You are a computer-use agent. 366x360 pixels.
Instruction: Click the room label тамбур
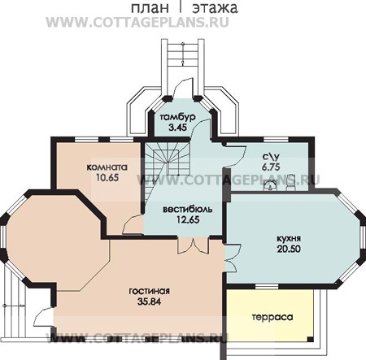pyautogui.click(x=177, y=117)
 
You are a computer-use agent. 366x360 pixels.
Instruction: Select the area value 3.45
pyautogui.click(x=178, y=127)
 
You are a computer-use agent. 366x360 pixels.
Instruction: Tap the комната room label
pyautogui.click(x=107, y=167)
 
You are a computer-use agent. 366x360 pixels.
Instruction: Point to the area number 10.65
pyautogui.click(x=107, y=177)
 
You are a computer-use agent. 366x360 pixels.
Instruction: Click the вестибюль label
pyautogui.click(x=188, y=210)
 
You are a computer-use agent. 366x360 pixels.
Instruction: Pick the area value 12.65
pyautogui.click(x=188, y=219)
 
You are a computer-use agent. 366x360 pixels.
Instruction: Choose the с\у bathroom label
pyautogui.click(x=271, y=157)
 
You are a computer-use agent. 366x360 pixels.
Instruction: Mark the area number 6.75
pyautogui.click(x=271, y=167)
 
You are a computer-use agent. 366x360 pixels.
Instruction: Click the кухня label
pyautogui.click(x=289, y=239)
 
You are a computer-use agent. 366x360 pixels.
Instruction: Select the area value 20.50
pyautogui.click(x=289, y=249)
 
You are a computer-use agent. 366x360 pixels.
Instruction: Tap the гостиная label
pyautogui.click(x=149, y=291)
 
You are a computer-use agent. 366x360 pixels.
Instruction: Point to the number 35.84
pyautogui.click(x=149, y=301)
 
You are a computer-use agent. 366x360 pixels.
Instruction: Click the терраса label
pyautogui.click(x=272, y=317)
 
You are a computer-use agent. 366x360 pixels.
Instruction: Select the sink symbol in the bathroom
pyautogui.click(x=270, y=186)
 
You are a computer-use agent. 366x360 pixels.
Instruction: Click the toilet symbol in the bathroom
pyautogui.click(x=290, y=182)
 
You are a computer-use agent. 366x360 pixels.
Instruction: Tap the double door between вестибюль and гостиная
pyautogui.click(x=194, y=246)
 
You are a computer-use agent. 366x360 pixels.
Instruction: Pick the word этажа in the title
pyautogui.click(x=215, y=8)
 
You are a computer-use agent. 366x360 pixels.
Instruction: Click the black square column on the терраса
pyautogui.click(x=310, y=339)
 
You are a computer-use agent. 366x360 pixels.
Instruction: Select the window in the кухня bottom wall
pyautogui.click(x=267, y=287)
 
